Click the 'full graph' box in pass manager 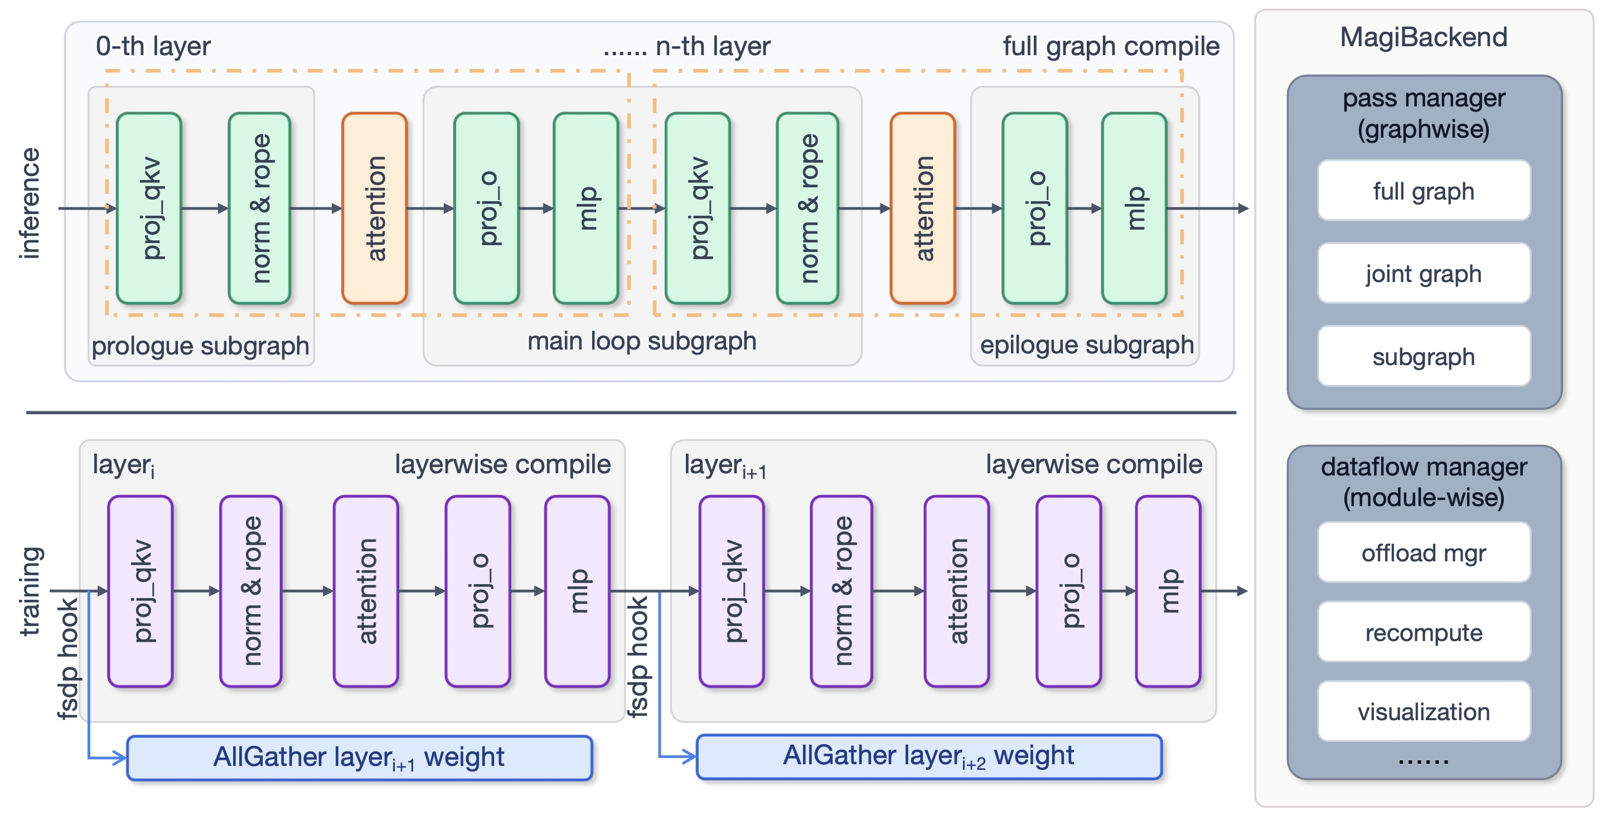1423,191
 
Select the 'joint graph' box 1423,274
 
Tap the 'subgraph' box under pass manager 1423,357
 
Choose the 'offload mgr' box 1423,552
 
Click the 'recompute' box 1423,632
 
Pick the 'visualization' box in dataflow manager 1423,711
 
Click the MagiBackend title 1423,37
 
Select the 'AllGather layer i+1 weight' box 359,758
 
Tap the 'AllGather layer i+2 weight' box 928,756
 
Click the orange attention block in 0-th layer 374,208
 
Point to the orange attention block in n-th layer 922,208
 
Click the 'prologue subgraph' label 200,346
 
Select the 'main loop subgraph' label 641,341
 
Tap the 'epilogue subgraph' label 1086,345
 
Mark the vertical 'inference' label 30,203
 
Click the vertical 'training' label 30,591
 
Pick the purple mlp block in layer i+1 1168,591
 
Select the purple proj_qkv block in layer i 141,591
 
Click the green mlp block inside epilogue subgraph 1134,208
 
